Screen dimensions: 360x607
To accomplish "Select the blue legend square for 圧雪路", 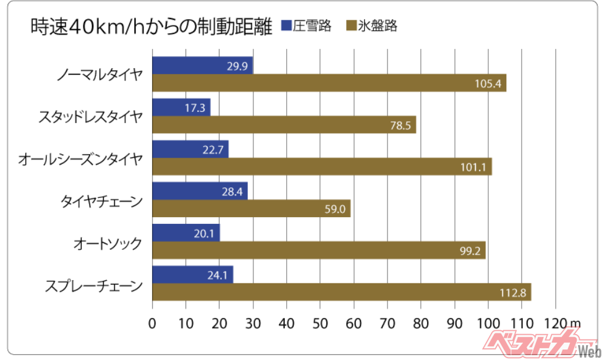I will [x=286, y=26].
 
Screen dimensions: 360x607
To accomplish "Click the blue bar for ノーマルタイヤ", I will [x=202, y=65].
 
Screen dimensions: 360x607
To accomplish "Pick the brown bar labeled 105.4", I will [x=329, y=83].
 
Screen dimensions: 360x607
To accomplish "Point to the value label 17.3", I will [x=195, y=107].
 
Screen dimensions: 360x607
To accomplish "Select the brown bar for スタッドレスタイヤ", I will [x=284, y=125].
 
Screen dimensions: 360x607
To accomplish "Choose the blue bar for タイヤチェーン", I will [x=199, y=191].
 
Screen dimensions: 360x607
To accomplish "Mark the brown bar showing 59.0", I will [x=251, y=208].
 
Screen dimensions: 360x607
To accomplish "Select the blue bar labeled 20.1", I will [x=185, y=233].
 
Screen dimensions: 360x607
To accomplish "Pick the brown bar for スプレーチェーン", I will [x=341, y=292].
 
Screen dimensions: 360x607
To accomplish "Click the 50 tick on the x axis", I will [x=320, y=322].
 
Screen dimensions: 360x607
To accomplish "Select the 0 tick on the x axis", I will [x=152, y=322].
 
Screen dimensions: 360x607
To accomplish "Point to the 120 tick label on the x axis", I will [x=554, y=322].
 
